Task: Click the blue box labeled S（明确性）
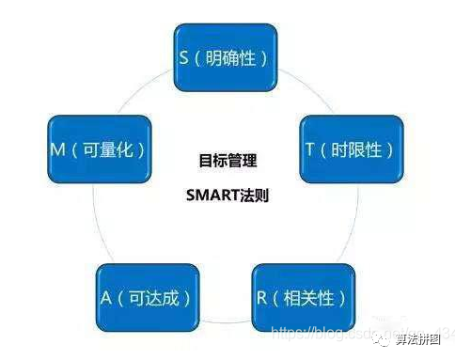(x=224, y=55)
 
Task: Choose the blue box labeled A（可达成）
(x=145, y=298)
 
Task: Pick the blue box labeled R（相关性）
(x=303, y=298)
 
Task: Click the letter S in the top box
(x=184, y=56)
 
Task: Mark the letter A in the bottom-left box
(x=107, y=299)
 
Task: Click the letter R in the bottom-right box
(x=262, y=299)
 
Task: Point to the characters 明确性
(x=230, y=56)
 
